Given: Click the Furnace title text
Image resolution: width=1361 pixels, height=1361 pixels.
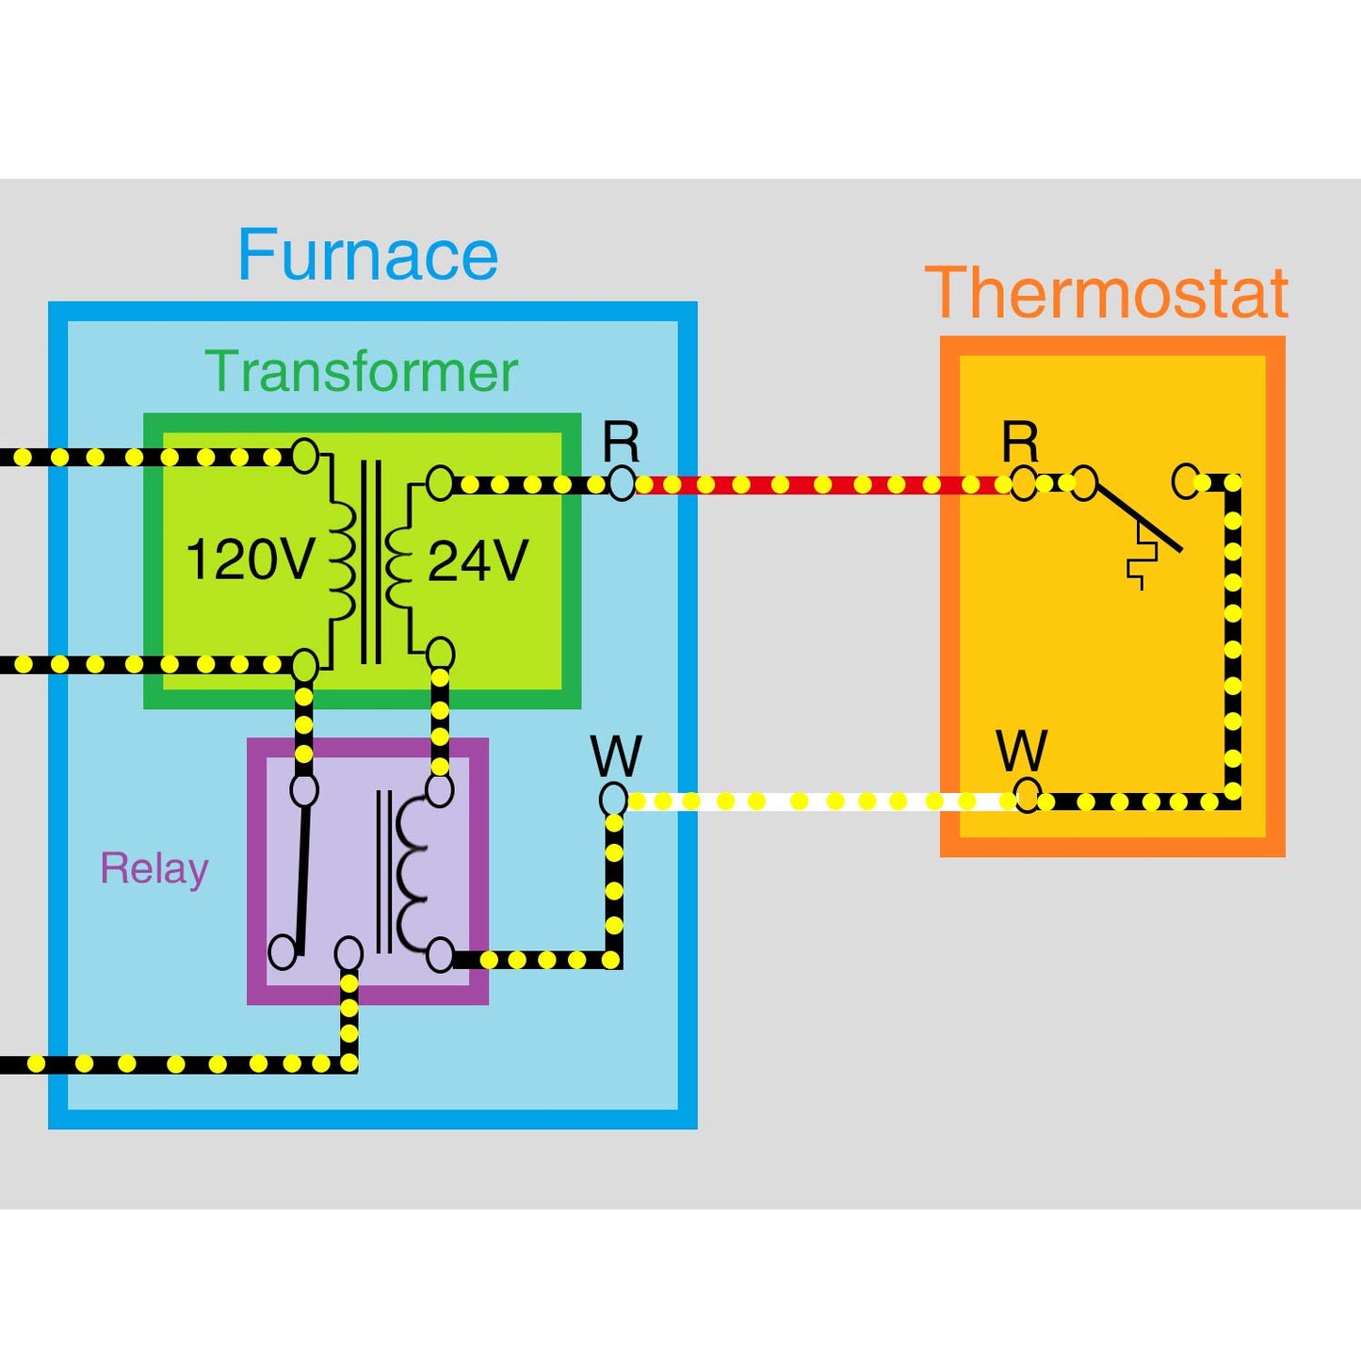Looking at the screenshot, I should point(367,255).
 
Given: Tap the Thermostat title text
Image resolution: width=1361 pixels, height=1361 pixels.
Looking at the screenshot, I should point(1107,294).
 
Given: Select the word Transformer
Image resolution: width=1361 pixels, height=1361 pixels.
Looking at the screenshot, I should point(361,372).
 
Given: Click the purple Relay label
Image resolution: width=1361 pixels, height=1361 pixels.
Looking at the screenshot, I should point(154,868).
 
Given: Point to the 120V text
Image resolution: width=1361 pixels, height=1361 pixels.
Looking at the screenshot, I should point(249,559).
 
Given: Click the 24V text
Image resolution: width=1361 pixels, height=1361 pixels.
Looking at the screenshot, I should point(478,561).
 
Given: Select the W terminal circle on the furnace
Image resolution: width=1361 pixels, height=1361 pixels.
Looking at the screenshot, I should point(613,799).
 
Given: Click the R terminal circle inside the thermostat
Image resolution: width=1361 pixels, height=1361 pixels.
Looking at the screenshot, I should point(1024,484).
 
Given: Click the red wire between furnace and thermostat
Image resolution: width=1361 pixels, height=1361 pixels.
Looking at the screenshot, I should point(819,485).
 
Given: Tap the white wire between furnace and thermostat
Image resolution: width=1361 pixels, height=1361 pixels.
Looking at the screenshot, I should point(819,802).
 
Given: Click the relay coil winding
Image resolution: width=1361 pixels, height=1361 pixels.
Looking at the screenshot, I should point(413,871).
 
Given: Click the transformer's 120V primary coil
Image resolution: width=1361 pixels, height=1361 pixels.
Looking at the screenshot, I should point(341,559).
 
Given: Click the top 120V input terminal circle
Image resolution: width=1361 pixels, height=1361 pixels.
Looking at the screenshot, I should point(304,455).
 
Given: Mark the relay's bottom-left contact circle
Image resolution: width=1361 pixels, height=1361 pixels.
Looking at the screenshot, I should point(283,952).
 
